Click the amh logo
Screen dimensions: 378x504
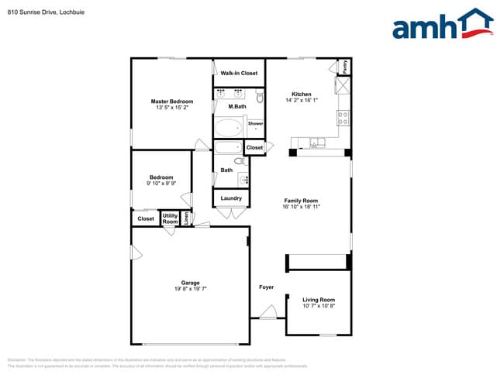(x=442, y=25)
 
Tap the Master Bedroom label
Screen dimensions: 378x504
(x=171, y=101)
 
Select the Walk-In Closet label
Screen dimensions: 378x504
(x=239, y=73)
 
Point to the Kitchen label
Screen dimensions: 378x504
(x=302, y=94)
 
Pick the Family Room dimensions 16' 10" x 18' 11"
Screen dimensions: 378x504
(x=301, y=207)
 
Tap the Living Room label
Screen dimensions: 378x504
(x=318, y=300)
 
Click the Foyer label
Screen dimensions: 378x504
(x=266, y=287)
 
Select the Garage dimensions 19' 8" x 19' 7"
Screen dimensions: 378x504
(x=190, y=288)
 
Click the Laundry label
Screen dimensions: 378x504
(x=231, y=198)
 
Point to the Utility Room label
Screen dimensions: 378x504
(x=170, y=219)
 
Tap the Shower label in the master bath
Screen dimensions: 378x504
(x=255, y=124)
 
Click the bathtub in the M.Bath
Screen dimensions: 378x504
(x=228, y=127)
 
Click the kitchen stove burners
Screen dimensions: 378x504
(x=342, y=118)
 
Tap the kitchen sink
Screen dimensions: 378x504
(x=316, y=142)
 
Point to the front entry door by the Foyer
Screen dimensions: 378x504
(x=268, y=313)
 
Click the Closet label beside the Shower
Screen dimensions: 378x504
(x=254, y=147)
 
